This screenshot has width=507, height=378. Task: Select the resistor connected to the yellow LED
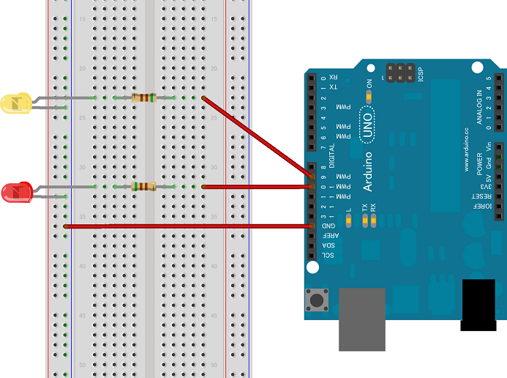click(x=143, y=97)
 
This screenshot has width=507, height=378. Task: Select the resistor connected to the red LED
click(x=143, y=187)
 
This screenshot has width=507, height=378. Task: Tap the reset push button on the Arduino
click(x=318, y=299)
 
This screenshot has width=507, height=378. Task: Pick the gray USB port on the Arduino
click(x=361, y=318)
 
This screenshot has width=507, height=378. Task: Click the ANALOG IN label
click(x=480, y=105)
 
